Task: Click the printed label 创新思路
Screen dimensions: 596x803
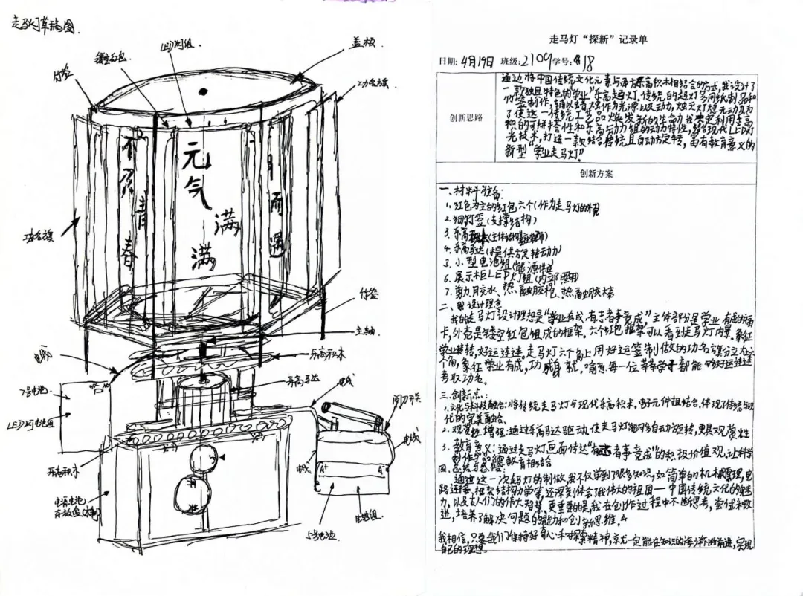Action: (465, 117)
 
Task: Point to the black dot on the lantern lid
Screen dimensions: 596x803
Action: (204, 92)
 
